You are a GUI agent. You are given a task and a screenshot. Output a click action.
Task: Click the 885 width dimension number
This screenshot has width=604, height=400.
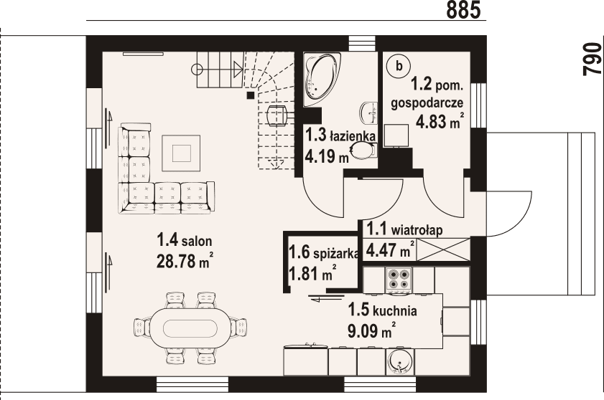464,9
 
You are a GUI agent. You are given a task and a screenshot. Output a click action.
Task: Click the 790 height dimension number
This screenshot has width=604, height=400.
593,59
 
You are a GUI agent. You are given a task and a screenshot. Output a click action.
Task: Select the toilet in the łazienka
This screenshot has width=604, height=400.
365,150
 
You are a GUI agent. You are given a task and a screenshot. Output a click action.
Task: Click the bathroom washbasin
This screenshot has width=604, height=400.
369,113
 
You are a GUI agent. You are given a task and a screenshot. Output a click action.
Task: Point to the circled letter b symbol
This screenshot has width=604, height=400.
399,66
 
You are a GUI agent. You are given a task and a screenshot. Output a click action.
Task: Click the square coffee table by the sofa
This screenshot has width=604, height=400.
181,153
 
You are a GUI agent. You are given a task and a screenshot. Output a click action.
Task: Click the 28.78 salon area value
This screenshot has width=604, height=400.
184,261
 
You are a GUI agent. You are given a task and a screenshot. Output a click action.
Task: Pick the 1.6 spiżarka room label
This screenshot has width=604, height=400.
325,253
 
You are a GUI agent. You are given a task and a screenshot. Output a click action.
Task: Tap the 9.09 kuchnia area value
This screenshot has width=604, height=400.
372,330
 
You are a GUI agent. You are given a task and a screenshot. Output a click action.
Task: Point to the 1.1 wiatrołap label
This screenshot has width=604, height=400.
404,229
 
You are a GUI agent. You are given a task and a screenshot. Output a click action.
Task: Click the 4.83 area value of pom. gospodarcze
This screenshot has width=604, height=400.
440,122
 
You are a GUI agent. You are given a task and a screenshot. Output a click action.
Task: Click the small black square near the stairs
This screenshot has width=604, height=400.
251,95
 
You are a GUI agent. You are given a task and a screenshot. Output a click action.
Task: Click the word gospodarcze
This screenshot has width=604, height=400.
427,103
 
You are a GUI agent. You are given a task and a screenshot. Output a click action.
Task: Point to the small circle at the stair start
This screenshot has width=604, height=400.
197,70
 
